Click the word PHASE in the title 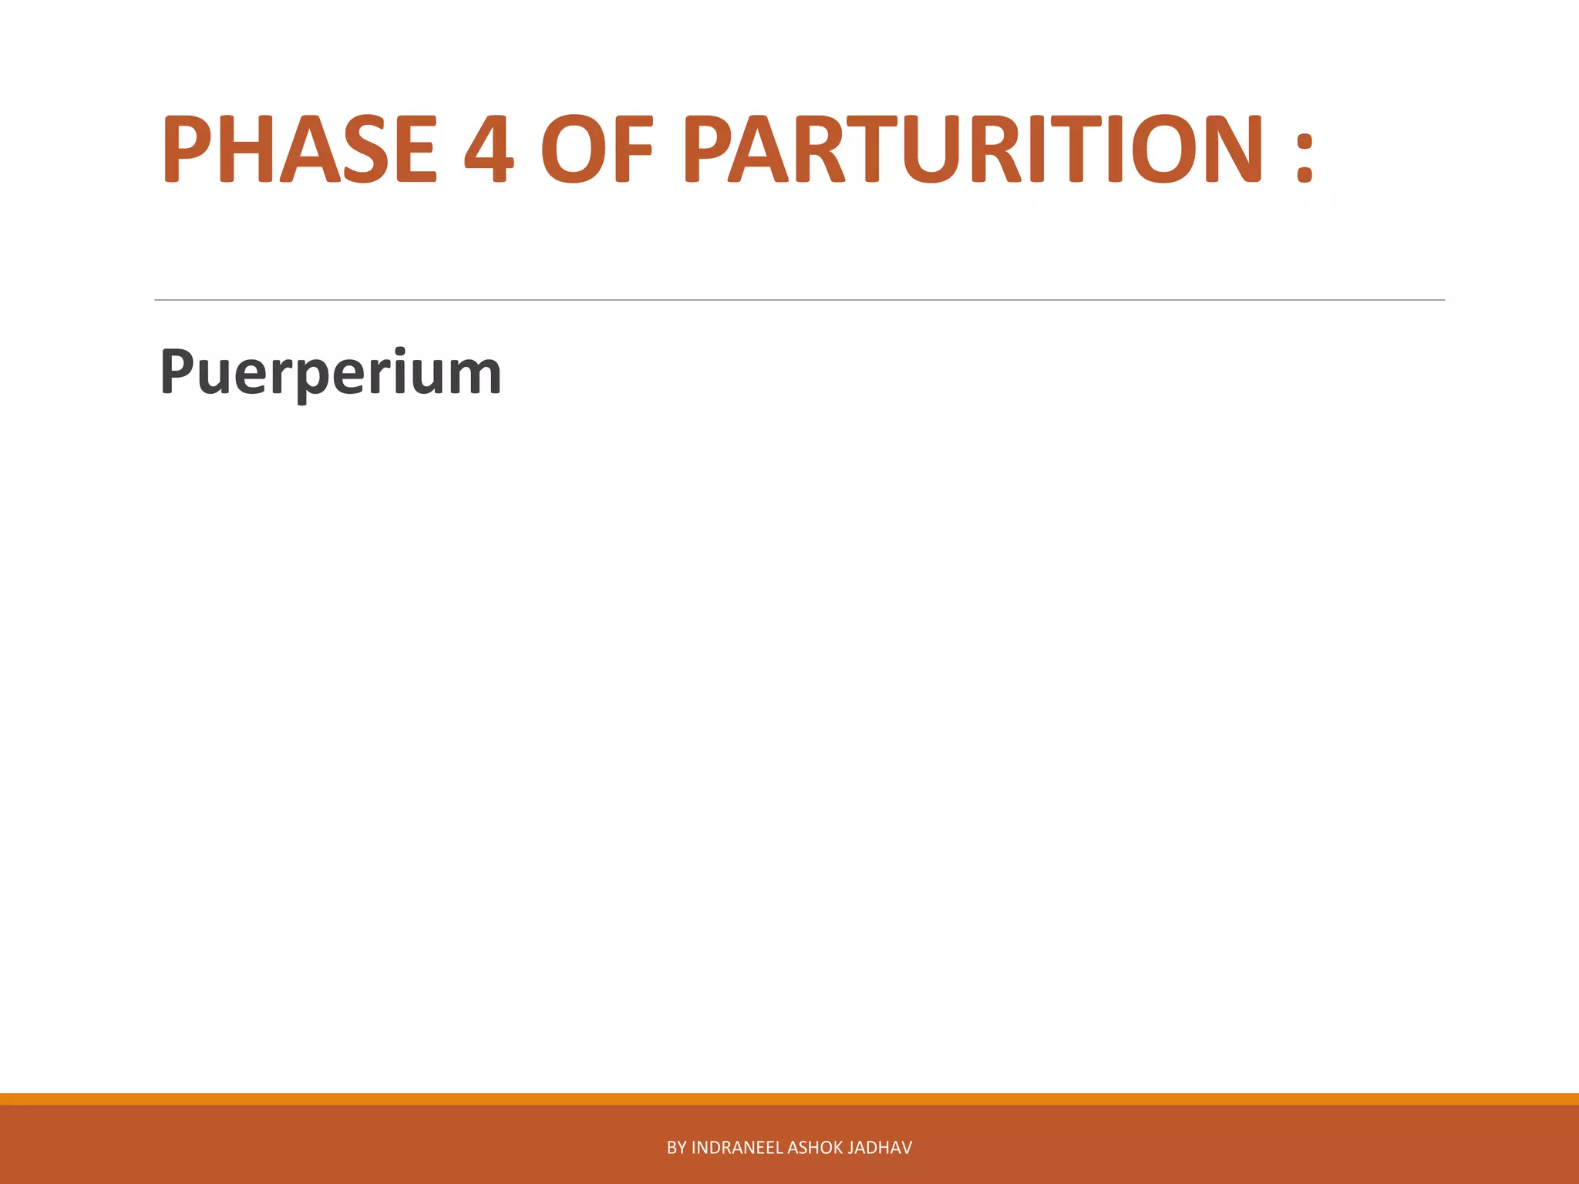click(299, 149)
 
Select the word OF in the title click(597, 149)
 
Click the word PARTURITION click(974, 149)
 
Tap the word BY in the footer click(676, 1148)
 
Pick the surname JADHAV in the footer click(880, 1148)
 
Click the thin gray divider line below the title click(799, 300)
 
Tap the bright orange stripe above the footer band click(789, 1098)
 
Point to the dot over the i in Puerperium click(399, 351)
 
